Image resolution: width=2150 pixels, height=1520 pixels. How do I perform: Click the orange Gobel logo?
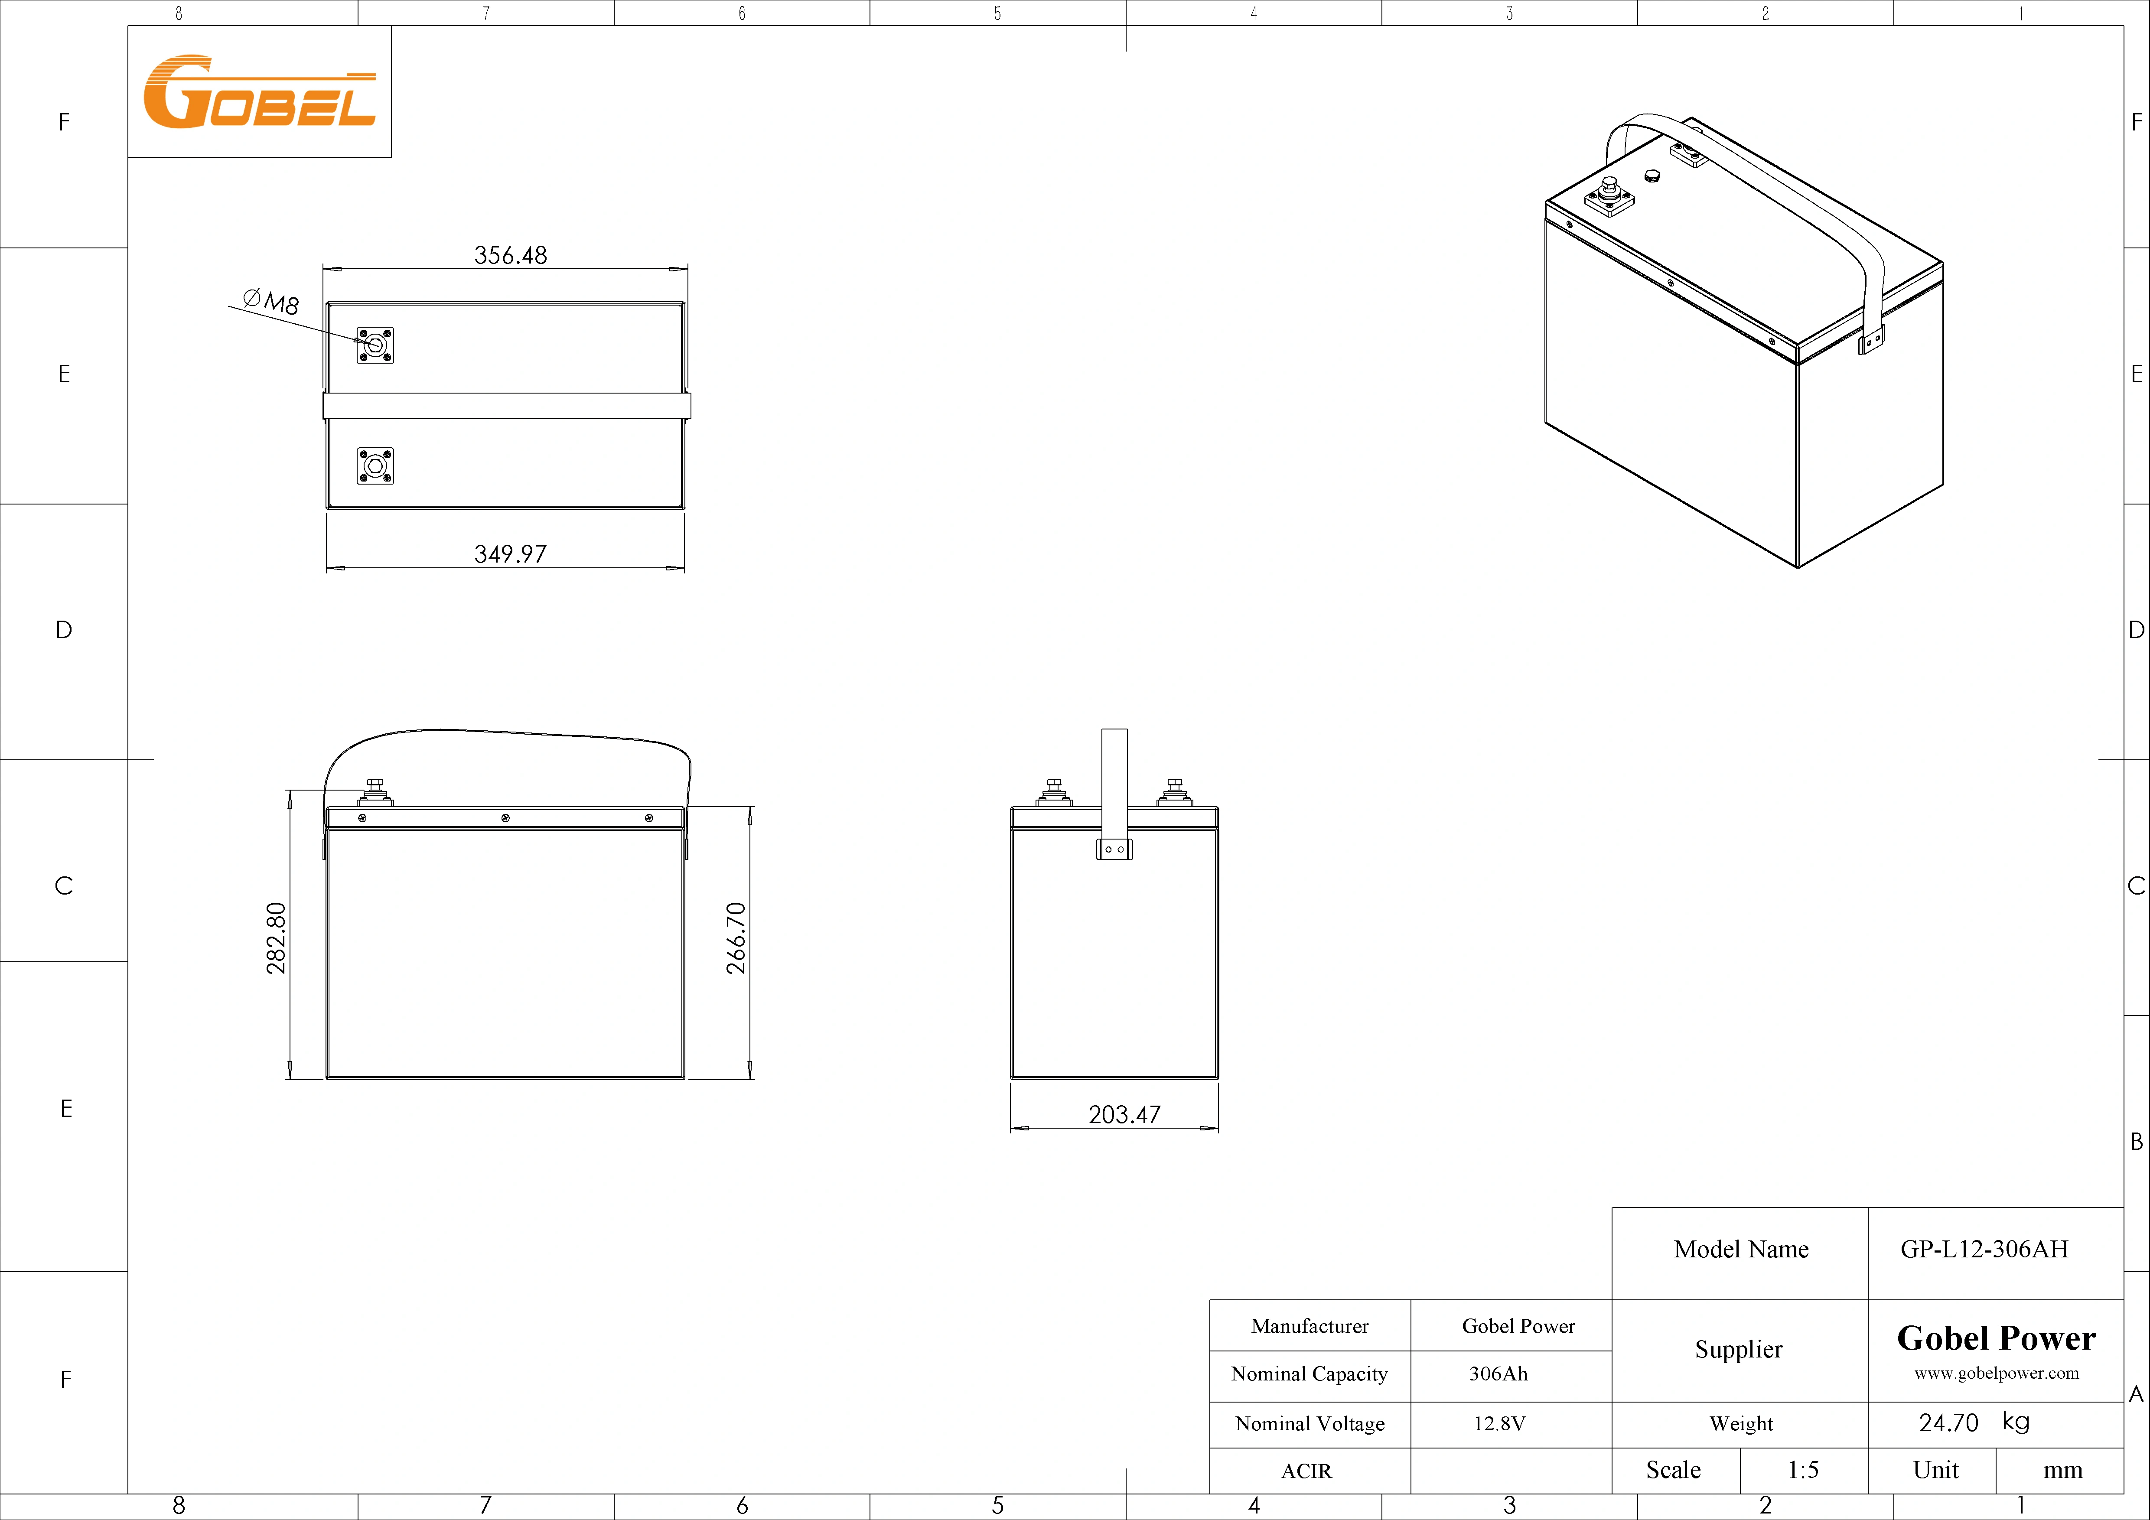click(259, 92)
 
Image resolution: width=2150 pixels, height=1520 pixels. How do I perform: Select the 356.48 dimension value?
click(510, 255)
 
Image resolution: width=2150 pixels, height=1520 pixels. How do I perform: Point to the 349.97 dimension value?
click(510, 553)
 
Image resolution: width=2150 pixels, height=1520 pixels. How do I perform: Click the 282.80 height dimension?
click(276, 938)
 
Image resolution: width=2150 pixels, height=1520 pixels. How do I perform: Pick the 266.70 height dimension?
click(737, 938)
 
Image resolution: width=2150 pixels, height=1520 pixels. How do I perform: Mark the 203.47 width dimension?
click(1124, 1114)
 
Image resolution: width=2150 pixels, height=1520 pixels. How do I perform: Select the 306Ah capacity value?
click(1498, 1374)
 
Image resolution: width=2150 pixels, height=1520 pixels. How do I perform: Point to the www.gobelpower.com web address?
click(1996, 1373)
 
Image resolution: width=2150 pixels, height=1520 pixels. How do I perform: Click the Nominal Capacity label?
click(1309, 1374)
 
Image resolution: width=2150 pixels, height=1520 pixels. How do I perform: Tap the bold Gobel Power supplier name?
click(1996, 1338)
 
